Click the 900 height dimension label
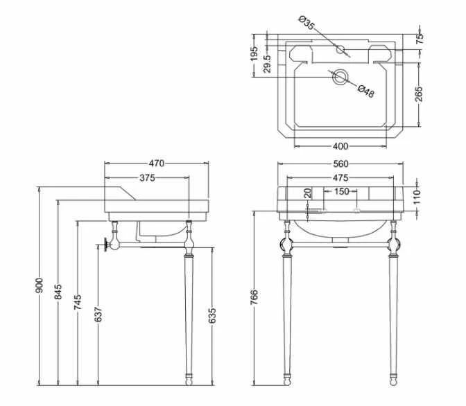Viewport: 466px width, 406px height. pos(40,285)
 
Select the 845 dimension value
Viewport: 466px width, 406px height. pos(58,292)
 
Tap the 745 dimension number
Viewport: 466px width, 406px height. pos(78,302)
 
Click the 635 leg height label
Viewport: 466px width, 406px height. pos(212,316)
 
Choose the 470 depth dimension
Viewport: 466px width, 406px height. pos(156,164)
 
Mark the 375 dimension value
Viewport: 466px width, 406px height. pos(147,177)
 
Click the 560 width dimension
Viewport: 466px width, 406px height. pos(340,164)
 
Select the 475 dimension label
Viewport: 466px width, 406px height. pos(340,177)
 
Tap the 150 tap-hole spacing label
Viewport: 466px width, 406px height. pos(341,191)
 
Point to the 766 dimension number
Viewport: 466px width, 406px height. pos(254,297)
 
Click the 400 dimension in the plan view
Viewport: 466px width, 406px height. pos(340,146)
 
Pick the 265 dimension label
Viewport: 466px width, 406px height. pos(418,94)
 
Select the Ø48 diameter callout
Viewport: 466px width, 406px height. pos(365,91)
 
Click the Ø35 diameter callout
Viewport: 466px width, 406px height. pos(307,23)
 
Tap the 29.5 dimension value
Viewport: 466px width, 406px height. pos(267,64)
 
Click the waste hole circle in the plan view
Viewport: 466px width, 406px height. pos(340,77)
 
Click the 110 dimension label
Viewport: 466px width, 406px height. pos(417,197)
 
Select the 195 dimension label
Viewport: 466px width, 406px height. pos(254,53)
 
